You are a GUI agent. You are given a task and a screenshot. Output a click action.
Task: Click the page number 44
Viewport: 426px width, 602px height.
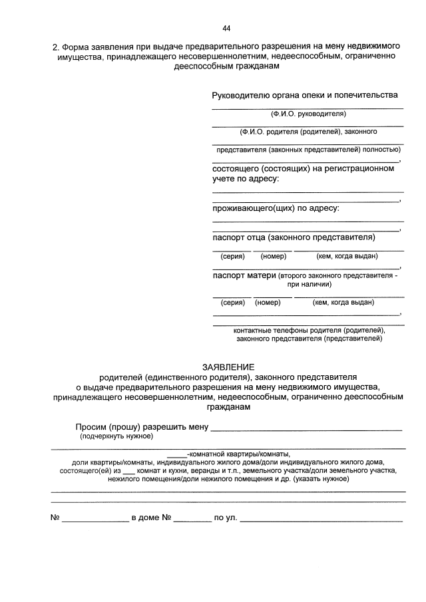tap(226, 28)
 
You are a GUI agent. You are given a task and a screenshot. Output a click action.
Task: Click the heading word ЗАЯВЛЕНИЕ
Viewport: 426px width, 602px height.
tap(228, 367)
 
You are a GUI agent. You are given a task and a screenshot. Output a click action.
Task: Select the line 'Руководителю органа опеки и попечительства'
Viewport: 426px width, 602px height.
tap(305, 96)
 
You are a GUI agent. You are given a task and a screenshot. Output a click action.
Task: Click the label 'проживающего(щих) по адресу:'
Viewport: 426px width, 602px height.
tap(276, 208)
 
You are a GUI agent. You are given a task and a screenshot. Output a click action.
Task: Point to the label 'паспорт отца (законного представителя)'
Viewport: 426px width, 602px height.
tap(294, 237)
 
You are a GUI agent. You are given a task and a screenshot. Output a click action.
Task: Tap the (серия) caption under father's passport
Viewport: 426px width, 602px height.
tap(233, 256)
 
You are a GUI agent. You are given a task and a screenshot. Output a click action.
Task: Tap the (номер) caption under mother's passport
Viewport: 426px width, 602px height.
tap(268, 302)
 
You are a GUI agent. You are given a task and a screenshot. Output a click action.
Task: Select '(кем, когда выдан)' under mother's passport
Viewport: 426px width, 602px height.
tap(343, 302)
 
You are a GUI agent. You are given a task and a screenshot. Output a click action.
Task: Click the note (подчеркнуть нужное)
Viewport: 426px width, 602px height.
tap(116, 436)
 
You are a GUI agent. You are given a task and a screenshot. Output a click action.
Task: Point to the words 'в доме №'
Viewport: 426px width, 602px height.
tap(152, 517)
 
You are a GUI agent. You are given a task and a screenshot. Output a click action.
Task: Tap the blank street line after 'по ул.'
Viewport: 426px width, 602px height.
tap(321, 519)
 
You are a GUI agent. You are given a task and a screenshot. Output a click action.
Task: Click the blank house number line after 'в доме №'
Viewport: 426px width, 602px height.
tap(192, 519)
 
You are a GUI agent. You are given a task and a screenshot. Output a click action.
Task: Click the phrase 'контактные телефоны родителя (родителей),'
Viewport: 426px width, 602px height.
tap(309, 329)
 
